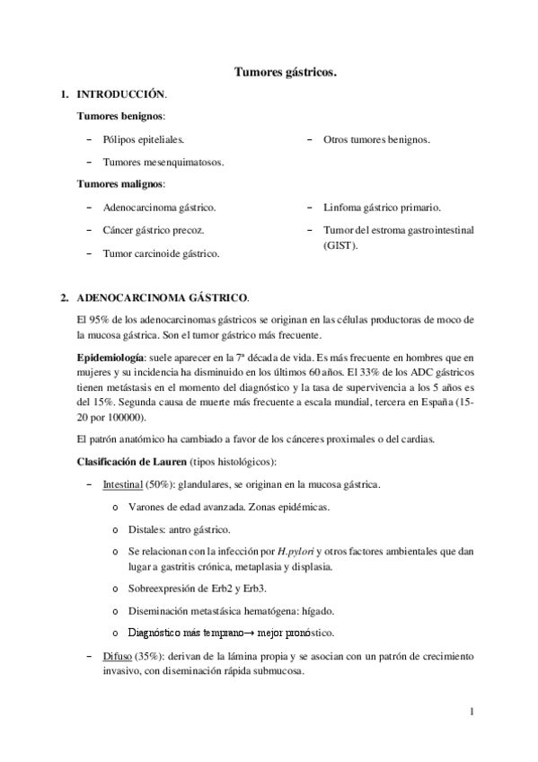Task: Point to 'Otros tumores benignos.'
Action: (x=376, y=139)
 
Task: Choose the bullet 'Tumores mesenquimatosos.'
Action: (x=163, y=162)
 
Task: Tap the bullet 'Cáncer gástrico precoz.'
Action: (x=154, y=230)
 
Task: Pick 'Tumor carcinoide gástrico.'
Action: (x=162, y=253)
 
